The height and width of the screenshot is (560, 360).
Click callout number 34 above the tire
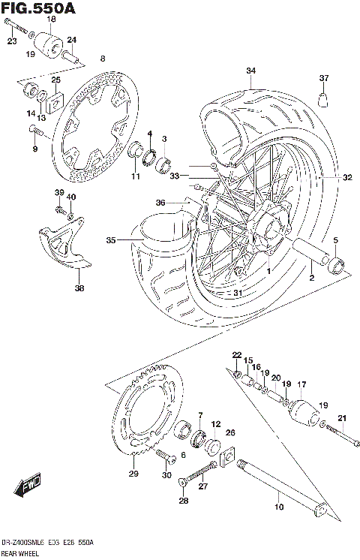pyautogui.click(x=250, y=71)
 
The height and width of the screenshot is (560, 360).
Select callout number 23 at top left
pyautogui.click(x=11, y=41)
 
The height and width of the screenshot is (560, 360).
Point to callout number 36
pyautogui.click(x=159, y=201)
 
